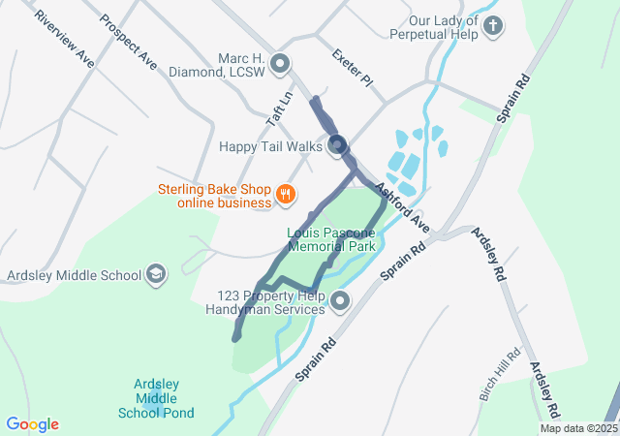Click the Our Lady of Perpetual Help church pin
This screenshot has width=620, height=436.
(x=493, y=25)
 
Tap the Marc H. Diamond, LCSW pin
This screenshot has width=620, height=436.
(x=281, y=65)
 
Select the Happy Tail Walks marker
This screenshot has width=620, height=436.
(x=337, y=146)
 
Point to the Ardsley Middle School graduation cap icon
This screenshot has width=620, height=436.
(x=154, y=275)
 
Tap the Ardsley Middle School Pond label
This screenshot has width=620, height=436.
(x=156, y=399)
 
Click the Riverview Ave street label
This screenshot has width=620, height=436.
(x=64, y=40)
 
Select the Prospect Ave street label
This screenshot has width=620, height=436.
(x=128, y=42)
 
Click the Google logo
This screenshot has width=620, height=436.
(x=32, y=424)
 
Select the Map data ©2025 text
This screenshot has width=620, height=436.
(x=577, y=428)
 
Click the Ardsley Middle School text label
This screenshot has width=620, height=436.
(x=75, y=275)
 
